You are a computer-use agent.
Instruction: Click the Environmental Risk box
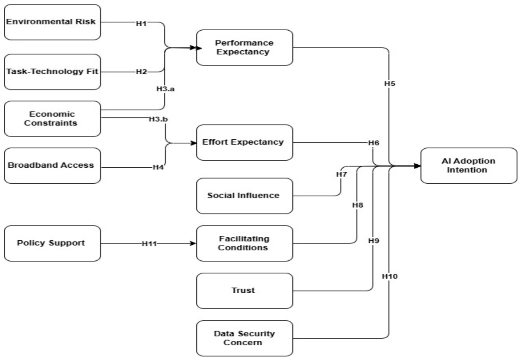53,22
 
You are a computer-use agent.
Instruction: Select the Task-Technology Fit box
53,72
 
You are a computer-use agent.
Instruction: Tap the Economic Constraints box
53,119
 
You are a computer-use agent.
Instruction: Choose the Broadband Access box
53,166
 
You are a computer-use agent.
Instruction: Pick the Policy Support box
53,243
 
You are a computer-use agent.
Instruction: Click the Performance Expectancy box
245,48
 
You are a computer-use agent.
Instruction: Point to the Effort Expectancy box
245,142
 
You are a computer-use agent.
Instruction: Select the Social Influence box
245,196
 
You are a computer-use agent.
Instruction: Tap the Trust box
245,291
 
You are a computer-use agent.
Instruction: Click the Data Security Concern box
245,338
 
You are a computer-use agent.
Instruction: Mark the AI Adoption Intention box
469,166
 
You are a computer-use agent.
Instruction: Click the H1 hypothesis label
141,24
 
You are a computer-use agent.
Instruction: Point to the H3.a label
166,89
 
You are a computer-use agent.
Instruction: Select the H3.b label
158,119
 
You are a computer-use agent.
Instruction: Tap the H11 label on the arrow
149,244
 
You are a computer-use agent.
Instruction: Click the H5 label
390,83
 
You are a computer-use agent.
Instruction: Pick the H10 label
390,276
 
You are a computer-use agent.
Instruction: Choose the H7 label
342,174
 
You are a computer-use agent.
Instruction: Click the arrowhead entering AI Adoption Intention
417,166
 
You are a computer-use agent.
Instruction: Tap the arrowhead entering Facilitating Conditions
193,243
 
